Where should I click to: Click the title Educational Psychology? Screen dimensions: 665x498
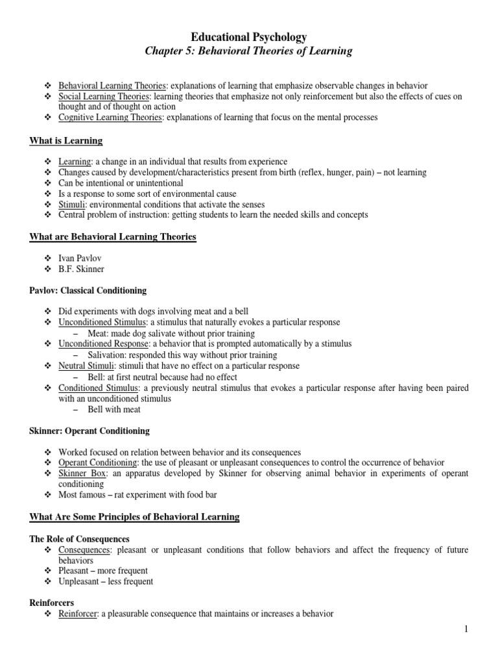point(248,37)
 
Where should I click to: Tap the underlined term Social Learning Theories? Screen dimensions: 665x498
point(105,97)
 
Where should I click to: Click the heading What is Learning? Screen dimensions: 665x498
point(66,141)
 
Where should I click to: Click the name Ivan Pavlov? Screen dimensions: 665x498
point(80,258)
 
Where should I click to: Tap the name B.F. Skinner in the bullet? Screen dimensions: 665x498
point(80,269)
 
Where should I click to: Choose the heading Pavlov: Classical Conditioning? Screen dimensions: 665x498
point(88,290)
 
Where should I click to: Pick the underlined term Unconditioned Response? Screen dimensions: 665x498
point(104,344)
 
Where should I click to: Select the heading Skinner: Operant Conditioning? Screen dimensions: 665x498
point(89,431)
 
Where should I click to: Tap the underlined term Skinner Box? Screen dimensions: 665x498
point(82,473)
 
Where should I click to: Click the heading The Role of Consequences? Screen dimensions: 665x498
point(80,539)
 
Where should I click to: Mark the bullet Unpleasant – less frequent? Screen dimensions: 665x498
point(106,581)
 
